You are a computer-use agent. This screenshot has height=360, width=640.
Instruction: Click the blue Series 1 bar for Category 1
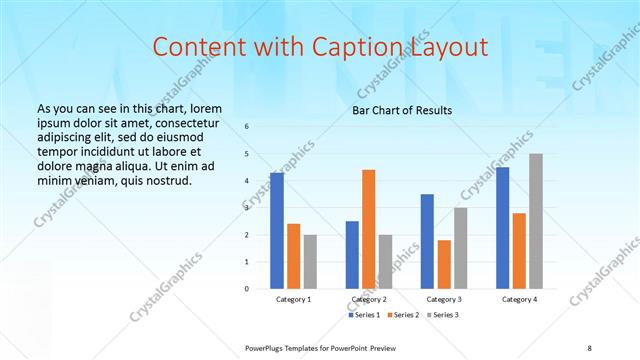[277, 230]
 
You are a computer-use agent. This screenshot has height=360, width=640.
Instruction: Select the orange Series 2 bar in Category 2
[368, 229]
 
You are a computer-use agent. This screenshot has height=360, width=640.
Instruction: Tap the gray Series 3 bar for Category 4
[536, 221]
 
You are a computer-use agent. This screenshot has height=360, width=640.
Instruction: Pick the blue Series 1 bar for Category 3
[427, 241]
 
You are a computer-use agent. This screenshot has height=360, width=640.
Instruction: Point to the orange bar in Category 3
[444, 264]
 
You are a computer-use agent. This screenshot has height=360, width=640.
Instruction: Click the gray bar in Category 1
[310, 261]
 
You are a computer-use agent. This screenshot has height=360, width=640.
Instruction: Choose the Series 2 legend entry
[404, 316]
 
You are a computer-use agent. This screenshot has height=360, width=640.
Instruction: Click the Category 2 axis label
[368, 299]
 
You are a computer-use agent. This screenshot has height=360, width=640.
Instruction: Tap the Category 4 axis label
[519, 299]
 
